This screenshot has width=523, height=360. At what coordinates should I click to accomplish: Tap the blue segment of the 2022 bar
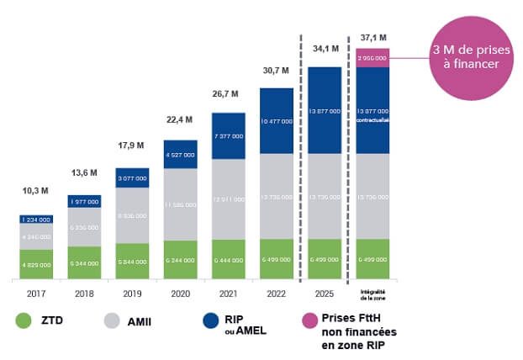click(276, 121)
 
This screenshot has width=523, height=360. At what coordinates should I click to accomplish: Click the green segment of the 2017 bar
click(35, 262)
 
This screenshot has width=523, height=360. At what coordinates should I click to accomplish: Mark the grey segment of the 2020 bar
click(180, 204)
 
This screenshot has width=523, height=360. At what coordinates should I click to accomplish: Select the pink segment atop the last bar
click(372, 56)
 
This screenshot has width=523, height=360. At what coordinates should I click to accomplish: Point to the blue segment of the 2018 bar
click(83, 200)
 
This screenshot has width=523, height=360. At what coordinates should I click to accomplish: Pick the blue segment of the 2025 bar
click(324, 110)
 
